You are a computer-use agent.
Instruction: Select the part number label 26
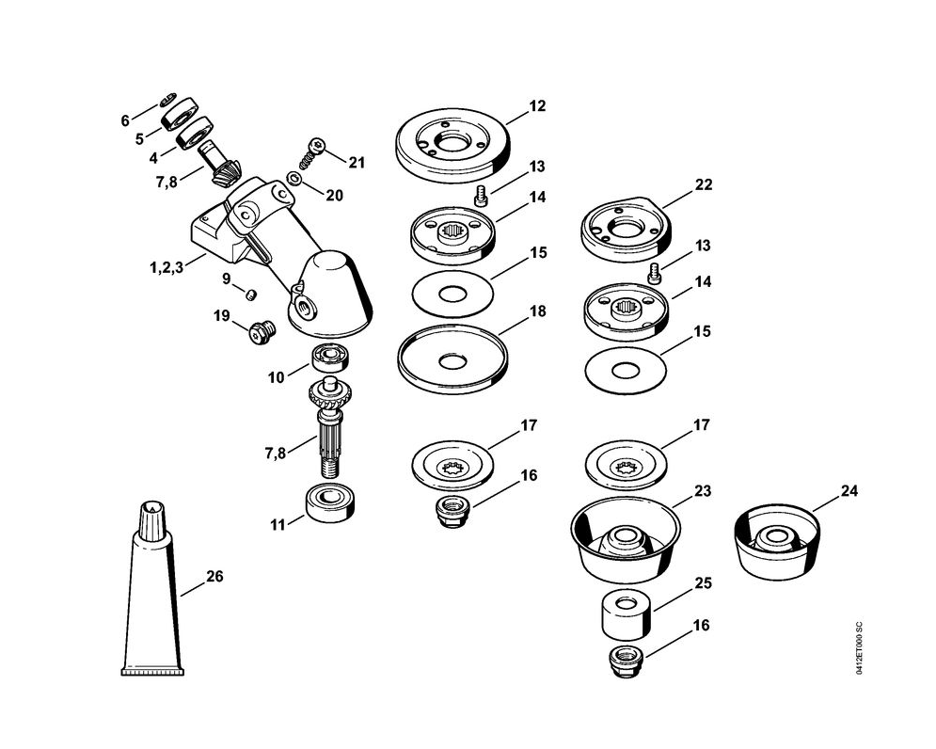point(214,577)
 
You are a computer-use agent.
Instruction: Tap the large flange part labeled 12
point(451,140)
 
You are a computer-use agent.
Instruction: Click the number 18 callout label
point(537,311)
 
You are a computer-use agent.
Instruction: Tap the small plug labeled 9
point(251,294)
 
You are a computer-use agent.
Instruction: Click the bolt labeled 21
point(315,150)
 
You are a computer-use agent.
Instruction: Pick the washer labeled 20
point(295,178)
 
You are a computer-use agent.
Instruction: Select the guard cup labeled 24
point(775,542)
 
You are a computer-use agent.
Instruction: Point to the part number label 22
point(703,184)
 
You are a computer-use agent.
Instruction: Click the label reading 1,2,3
point(165,267)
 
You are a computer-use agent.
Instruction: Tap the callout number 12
point(536,106)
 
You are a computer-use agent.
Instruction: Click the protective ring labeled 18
point(452,359)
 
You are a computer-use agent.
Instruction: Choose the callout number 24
point(849,491)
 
